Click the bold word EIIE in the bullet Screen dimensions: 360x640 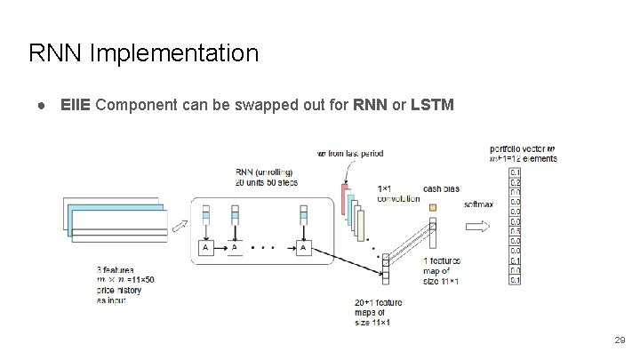click(x=76, y=105)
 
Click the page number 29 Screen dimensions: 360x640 click(x=620, y=340)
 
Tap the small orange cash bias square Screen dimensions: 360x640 click(x=433, y=207)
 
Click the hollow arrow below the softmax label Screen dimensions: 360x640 click(x=476, y=228)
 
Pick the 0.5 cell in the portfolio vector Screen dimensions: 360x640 click(x=516, y=231)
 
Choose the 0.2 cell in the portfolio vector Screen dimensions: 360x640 click(x=516, y=181)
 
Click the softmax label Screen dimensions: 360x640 click(x=477, y=204)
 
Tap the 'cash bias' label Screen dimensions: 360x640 click(x=440, y=188)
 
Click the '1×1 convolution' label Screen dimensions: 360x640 click(x=398, y=194)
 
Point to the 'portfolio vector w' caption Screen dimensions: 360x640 click(x=523, y=148)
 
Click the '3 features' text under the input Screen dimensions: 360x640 click(x=116, y=268)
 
